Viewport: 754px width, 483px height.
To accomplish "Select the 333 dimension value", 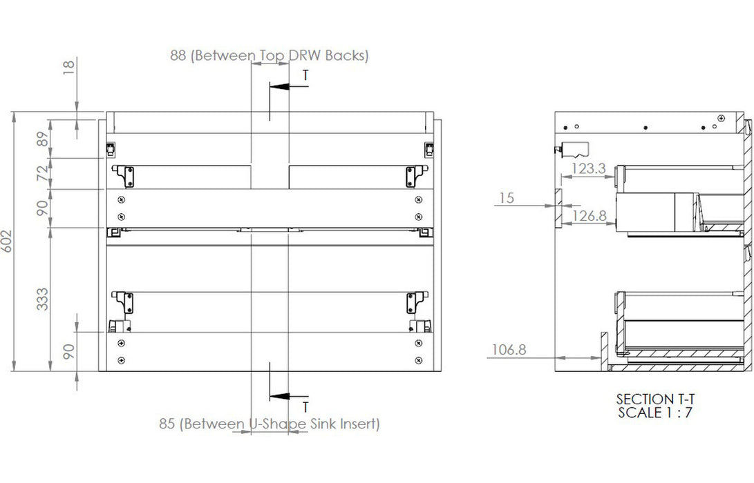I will pyautogui.click(x=43, y=299).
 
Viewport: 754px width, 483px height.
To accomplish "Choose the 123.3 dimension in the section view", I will pyautogui.click(x=588, y=168).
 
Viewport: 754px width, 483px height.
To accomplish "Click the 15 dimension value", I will pyautogui.click(x=507, y=199).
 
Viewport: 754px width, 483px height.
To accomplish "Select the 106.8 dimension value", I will pyautogui.click(x=509, y=350).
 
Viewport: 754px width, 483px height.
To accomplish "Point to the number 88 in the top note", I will pyautogui.click(x=178, y=56).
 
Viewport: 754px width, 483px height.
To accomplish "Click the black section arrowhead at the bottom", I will pyautogui.click(x=279, y=396).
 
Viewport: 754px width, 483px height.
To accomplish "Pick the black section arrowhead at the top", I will pyautogui.click(x=279, y=88).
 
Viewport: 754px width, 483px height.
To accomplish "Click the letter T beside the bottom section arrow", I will pyautogui.click(x=305, y=407).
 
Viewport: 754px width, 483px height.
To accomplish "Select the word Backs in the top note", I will pyautogui.click(x=348, y=56).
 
